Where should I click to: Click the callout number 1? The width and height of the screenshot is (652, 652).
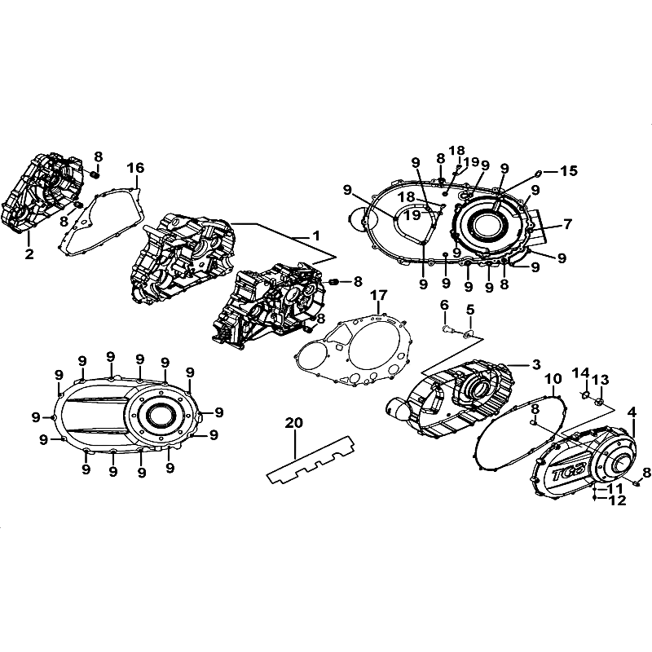[x=316, y=236]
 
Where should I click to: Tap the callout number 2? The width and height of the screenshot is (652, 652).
[x=29, y=253]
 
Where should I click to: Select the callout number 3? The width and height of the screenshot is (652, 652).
[x=536, y=364]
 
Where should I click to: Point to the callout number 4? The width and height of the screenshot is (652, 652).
[x=632, y=412]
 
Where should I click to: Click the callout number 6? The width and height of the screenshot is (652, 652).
[x=444, y=305]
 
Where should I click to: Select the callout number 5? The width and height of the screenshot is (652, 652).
[x=470, y=310]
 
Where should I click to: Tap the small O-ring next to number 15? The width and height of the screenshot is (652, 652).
[x=537, y=173]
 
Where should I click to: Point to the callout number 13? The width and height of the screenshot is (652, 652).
[x=601, y=379]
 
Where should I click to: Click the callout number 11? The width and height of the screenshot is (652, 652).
[x=614, y=488]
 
